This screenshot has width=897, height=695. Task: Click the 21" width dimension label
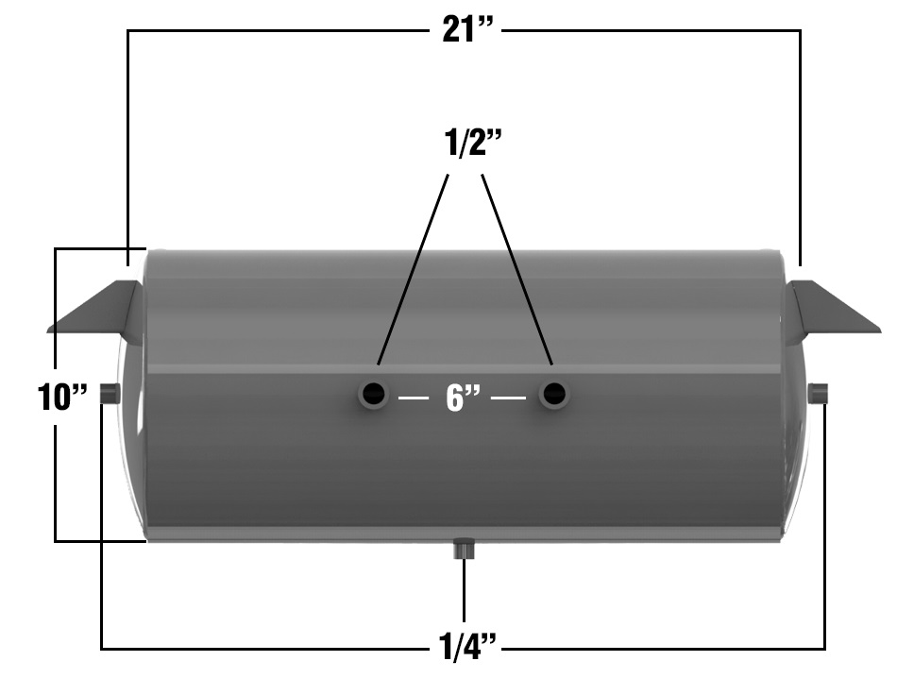[470, 29]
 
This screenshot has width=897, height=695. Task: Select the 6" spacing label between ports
[463, 398]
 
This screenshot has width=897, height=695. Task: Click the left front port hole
[373, 394]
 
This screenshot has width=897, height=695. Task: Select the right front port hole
[553, 394]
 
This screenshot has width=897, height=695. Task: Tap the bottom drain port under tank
[464, 548]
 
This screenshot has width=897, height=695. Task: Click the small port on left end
[110, 394]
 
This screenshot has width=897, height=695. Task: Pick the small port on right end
[819, 393]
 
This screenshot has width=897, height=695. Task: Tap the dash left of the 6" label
[415, 398]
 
